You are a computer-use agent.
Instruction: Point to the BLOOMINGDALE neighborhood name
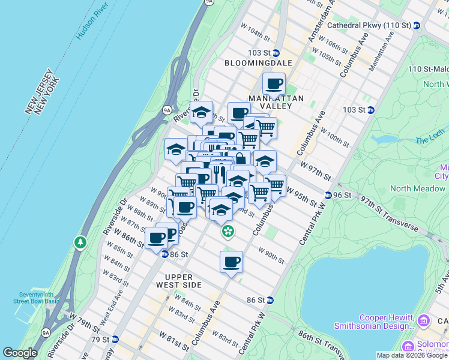click(x=258, y=63)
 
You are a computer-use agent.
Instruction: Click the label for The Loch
click(x=430, y=136)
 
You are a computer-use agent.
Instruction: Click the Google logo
click(x=20, y=353)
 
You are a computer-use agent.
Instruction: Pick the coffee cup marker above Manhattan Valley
click(x=274, y=84)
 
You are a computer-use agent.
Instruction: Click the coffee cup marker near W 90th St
click(x=231, y=262)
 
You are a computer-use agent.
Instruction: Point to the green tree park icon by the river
click(x=80, y=242)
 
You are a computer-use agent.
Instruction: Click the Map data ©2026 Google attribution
click(x=412, y=355)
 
